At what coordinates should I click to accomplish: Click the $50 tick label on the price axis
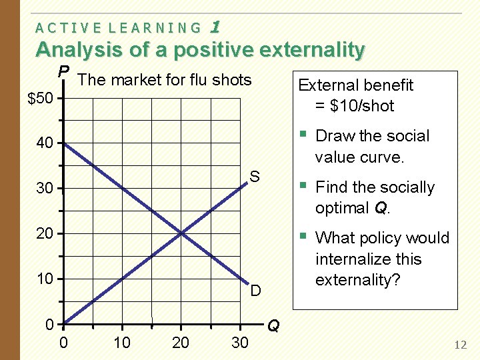tap(40, 99)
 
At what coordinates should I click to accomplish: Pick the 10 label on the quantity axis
tap(122, 343)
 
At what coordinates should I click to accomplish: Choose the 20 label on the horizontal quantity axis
tap(181, 343)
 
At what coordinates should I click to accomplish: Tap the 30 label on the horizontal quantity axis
tap(239, 343)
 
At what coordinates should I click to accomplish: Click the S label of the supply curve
tap(255, 177)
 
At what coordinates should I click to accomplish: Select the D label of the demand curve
tap(255, 291)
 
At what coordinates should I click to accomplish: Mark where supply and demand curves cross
tap(181, 233)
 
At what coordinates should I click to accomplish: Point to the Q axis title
tap(273, 326)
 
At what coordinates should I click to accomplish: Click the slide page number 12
tap(460, 345)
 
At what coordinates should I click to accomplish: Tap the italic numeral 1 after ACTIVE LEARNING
tap(215, 27)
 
